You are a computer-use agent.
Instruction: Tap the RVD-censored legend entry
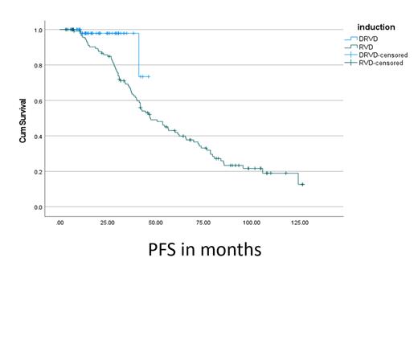point(383,61)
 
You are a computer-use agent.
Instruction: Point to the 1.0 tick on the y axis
point(39,30)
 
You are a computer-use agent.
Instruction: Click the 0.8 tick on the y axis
point(39,65)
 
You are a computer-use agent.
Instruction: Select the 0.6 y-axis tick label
point(39,100)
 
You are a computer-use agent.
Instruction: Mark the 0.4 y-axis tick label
point(39,136)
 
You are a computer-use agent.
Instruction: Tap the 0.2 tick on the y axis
point(39,171)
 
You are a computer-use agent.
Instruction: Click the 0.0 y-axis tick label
point(39,207)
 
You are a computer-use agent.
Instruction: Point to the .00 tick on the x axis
point(60,223)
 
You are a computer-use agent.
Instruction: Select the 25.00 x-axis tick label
point(107,223)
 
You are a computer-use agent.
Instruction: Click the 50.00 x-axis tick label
point(155,223)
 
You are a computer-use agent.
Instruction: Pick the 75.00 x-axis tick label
point(203,223)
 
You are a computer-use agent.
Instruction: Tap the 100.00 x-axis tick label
point(251,223)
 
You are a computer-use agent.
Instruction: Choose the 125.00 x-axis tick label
point(299,223)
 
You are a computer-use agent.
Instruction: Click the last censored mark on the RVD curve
point(302,185)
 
